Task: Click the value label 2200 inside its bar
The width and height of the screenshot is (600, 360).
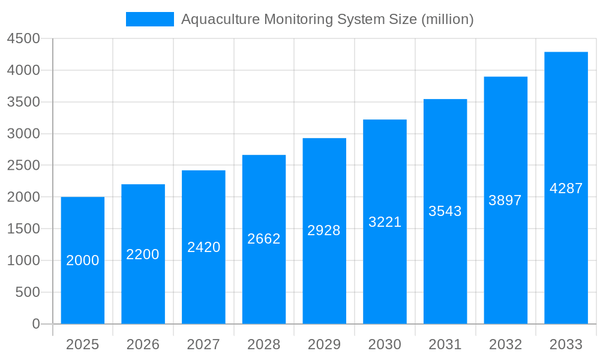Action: coord(143,254)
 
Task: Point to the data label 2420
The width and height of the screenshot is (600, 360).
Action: coord(204,247)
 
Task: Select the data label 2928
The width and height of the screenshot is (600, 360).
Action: coord(324,230)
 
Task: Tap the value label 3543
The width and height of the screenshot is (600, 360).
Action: coord(445,211)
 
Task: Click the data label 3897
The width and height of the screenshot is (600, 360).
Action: coord(505,200)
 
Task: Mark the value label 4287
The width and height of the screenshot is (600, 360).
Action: coord(566,188)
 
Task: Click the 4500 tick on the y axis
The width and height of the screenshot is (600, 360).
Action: coord(23,39)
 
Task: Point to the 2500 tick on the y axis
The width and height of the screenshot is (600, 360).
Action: coord(23,166)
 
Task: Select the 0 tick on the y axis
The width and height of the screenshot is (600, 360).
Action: coord(35,324)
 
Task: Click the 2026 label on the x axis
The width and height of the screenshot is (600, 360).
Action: coord(143,344)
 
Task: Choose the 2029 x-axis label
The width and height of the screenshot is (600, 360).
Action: coord(324,344)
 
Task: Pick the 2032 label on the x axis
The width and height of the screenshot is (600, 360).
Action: coord(505,344)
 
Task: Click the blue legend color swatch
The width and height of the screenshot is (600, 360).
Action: coord(149,19)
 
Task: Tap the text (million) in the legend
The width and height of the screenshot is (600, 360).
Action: coord(448,19)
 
